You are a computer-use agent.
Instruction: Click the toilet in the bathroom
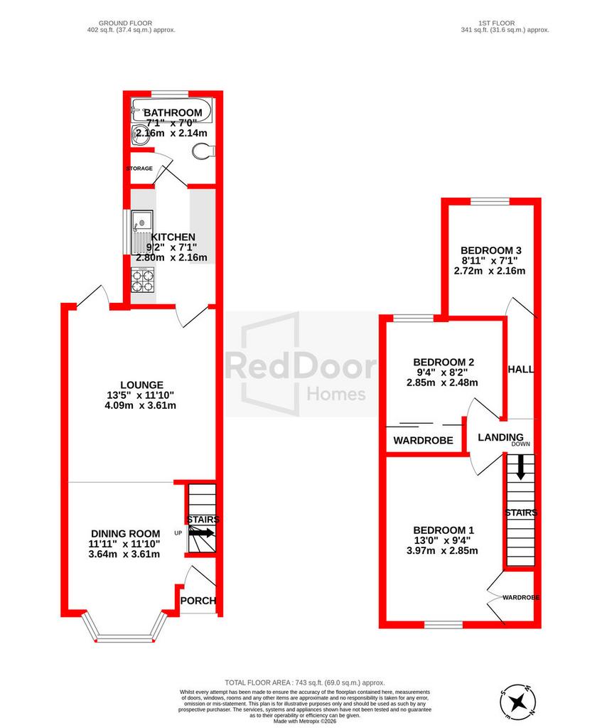[203, 151]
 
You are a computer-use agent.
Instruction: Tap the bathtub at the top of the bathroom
[171, 110]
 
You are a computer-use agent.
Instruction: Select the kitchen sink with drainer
[142, 232]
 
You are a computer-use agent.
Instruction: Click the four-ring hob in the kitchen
[142, 280]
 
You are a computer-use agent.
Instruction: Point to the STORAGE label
[139, 168]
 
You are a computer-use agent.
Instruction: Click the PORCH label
[198, 601]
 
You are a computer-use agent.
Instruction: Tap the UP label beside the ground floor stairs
[178, 533]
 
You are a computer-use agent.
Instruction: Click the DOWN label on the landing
[521, 444]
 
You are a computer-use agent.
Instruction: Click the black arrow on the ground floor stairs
[201, 533]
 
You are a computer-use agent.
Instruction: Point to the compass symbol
[518, 700]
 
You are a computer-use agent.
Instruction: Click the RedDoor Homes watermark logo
[301, 365]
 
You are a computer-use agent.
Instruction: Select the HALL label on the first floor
[521, 370]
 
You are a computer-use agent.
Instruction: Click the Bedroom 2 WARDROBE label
[424, 440]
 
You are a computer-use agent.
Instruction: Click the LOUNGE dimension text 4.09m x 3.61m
[141, 405]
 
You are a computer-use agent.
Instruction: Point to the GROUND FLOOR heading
[125, 23]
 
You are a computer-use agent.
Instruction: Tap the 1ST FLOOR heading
[497, 23]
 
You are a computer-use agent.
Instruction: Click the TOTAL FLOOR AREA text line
[305, 682]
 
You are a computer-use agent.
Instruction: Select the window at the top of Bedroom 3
[490, 201]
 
